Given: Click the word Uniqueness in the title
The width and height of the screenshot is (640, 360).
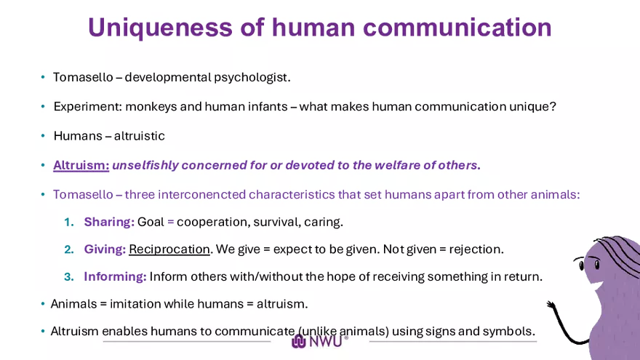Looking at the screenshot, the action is [160, 28].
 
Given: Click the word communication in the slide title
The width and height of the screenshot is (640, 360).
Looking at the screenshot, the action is [457, 28].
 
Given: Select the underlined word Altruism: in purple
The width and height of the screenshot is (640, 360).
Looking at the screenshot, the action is [81, 165].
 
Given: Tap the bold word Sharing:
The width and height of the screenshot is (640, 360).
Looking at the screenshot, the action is [109, 222].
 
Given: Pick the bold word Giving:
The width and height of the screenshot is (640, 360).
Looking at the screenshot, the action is [105, 249].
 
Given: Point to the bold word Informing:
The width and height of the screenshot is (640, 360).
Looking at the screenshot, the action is [115, 277].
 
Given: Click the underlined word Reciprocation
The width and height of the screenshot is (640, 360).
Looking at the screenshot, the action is [169, 249].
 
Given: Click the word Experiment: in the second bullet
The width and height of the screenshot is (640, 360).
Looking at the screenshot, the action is [88, 107].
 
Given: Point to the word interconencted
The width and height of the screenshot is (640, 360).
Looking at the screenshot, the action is [201, 195].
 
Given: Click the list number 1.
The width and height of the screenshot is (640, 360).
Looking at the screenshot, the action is [69, 222].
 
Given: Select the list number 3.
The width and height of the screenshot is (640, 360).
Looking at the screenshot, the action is [69, 277].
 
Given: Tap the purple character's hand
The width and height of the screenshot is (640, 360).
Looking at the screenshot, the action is [551, 305].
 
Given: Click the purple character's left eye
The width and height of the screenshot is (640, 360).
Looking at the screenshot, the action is [582, 265].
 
